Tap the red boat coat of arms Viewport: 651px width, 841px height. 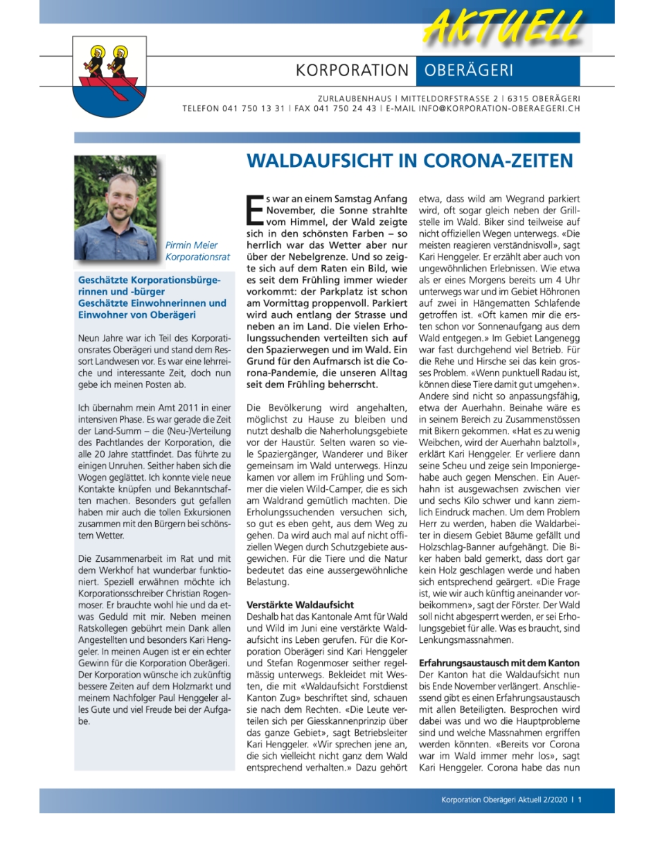pos(109,77)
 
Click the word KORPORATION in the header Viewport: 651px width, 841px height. pos(352,71)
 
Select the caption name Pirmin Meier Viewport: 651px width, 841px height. pos(191,245)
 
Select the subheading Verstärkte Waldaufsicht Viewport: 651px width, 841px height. pos(300,604)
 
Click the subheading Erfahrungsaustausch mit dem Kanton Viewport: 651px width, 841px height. pos(499,662)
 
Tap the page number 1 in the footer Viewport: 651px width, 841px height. pos(580,800)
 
